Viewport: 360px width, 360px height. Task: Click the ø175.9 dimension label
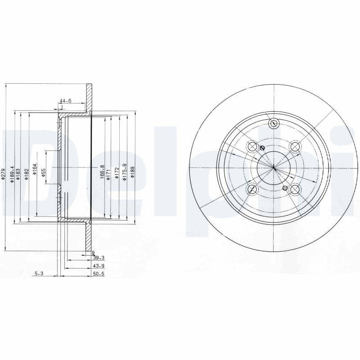(124, 172)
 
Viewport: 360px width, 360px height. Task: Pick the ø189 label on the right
(132, 173)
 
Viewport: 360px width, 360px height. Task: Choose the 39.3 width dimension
(99, 258)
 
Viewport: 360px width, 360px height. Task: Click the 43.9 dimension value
(99, 265)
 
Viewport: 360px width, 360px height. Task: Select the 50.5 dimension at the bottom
(99, 273)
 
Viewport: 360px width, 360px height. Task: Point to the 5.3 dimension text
(39, 273)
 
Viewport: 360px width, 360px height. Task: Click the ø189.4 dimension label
(13, 173)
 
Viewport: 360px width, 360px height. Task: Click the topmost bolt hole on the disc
(273, 124)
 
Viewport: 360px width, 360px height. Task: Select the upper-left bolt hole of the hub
(252, 147)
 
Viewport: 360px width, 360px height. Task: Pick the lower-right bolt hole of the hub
(295, 189)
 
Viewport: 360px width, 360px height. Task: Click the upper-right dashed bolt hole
(295, 147)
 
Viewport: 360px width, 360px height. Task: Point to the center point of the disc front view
(274, 168)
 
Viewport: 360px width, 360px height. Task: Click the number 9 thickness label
(93, 253)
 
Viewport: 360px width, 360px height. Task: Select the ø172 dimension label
(116, 173)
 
